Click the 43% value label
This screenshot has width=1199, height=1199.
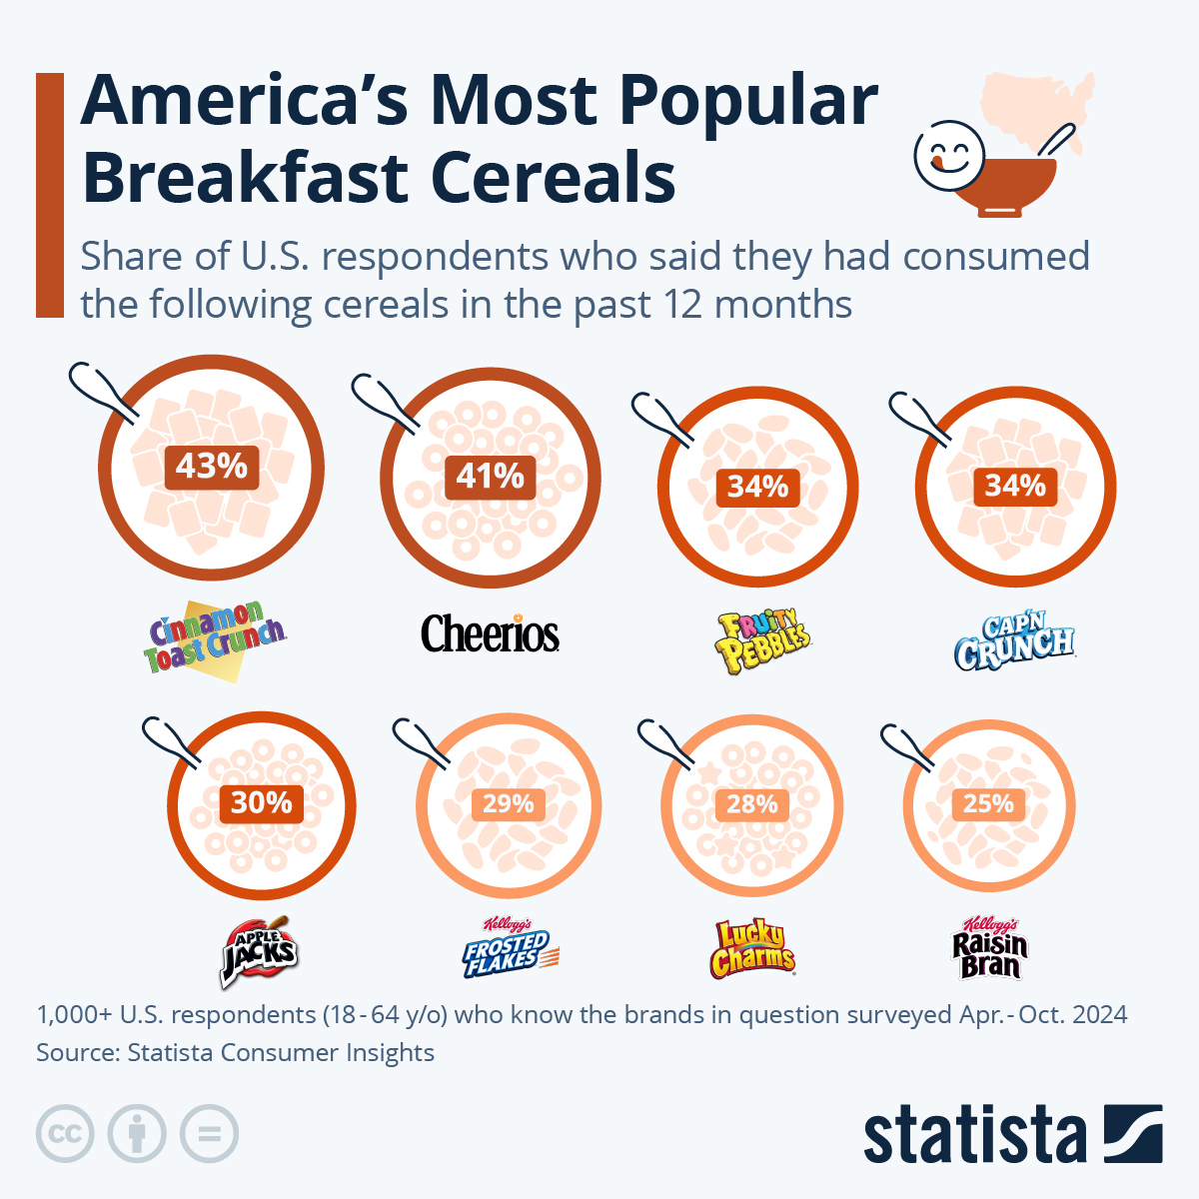pos(211,467)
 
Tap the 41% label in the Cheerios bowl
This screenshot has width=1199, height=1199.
pos(490,477)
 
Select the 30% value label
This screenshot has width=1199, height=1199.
pos(262,802)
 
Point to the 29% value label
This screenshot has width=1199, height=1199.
pos(508,803)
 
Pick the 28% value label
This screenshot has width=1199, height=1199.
pos(751,804)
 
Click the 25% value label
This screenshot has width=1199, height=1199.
pos(988,803)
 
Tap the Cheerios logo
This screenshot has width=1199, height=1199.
pos(490,634)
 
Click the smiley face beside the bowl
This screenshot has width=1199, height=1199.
pos(947,155)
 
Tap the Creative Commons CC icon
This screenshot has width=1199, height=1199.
pos(65,1134)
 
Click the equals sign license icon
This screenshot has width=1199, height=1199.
pos(210,1134)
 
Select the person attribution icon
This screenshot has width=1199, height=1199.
pos(137,1134)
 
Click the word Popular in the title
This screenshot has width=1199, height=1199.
pos(747,102)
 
